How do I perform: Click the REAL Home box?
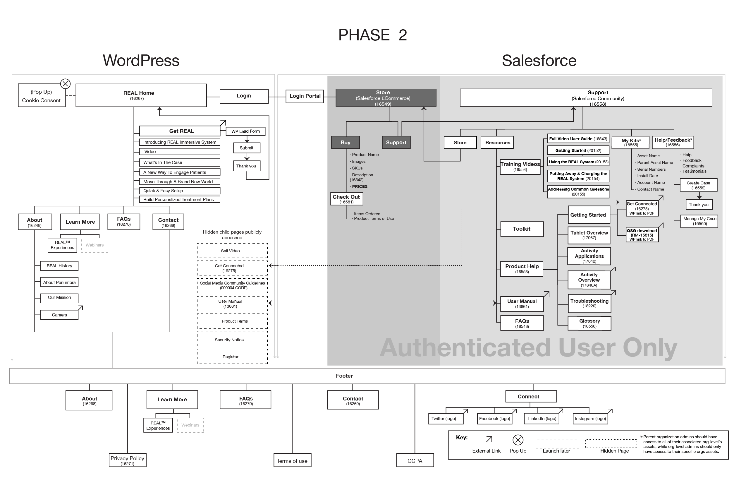tap(141, 95)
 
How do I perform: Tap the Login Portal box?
tap(305, 96)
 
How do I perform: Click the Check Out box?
tap(346, 199)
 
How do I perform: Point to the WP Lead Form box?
tap(245, 131)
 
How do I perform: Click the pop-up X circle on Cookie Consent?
tap(65, 84)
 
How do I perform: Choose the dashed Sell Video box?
tap(232, 251)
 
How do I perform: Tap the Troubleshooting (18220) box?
tap(589, 303)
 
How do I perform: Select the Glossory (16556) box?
tap(589, 323)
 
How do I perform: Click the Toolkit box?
tap(522, 229)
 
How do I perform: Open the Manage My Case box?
tap(699, 221)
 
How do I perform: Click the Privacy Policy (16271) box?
tap(127, 460)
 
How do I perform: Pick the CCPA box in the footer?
tap(415, 460)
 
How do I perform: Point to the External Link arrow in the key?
tap(489, 439)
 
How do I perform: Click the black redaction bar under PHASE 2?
tap(373, 52)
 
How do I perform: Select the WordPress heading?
tap(141, 61)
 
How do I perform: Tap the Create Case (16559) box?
tap(698, 185)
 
